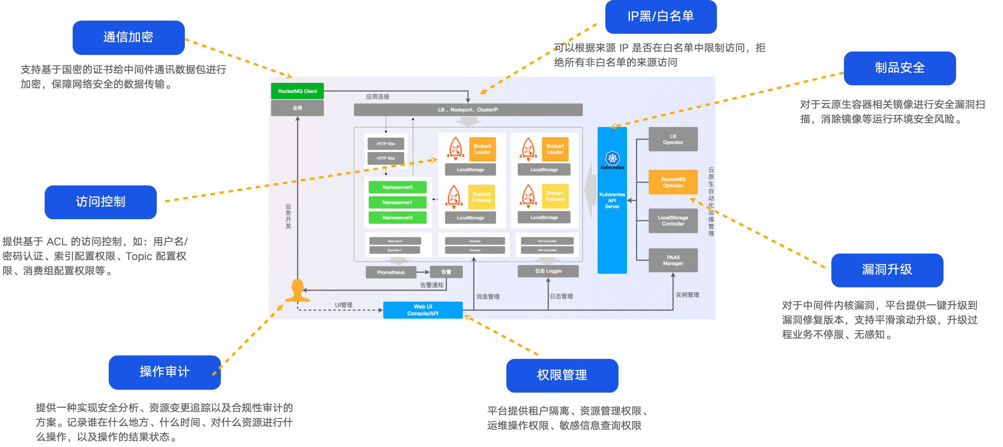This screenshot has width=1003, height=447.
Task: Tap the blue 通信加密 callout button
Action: pos(128,37)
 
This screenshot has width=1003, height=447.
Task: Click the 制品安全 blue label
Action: pos(899,68)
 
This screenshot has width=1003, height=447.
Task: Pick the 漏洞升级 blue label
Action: pos(887,270)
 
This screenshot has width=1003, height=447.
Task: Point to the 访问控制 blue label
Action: pos(100,202)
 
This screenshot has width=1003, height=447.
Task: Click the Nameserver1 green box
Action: pos(397,203)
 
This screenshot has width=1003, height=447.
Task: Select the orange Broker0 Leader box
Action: pos(482,149)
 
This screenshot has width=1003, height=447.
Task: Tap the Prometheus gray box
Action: pos(391,272)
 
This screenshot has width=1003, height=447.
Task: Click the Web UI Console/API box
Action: pos(423,310)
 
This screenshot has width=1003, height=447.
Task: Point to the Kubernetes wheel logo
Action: pos(612,158)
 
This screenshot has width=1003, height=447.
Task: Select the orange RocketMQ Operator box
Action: pos(673,182)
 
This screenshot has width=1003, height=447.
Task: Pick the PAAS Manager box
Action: pos(673,260)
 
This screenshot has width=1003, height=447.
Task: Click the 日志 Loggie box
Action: pos(548,271)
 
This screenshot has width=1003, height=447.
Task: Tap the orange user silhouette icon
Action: pos(298,290)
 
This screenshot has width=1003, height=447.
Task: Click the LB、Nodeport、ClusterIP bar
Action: pos(468,110)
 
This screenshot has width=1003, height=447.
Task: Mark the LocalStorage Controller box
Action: pos(673,221)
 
